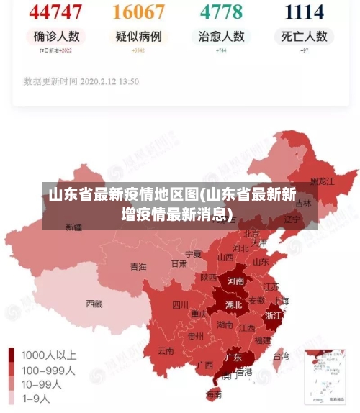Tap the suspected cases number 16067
pyautogui.click(x=138, y=12)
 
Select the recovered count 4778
pyautogui.click(x=221, y=12)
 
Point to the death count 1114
pyautogui.click(x=303, y=12)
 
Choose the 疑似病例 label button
pyautogui.click(x=138, y=36)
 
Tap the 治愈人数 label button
pyautogui.click(x=221, y=36)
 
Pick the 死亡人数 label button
pyautogui.click(x=303, y=36)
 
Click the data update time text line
pyautogui.click(x=81, y=81)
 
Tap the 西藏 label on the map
pyautogui.click(x=94, y=304)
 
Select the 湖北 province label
pyautogui.click(x=233, y=304)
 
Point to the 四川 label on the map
pyautogui.click(x=180, y=304)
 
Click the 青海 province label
pyautogui.click(x=138, y=267)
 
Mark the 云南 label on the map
pyautogui.click(x=166, y=351)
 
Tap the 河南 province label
pyautogui.click(x=235, y=281)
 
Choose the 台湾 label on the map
pyautogui.click(x=281, y=355)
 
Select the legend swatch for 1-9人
pyautogui.click(x=12, y=397)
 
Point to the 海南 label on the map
pyautogui.click(x=214, y=394)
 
